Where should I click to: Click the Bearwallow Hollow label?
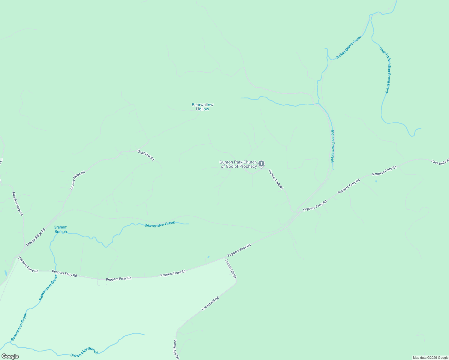[203, 107]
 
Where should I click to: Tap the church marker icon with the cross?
[261, 163]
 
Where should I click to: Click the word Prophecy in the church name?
[247, 166]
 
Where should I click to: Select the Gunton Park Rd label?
[276, 179]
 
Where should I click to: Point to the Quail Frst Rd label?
[146, 155]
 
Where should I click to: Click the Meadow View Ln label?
[17, 204]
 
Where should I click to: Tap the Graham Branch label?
[61, 229]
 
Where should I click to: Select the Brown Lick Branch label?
[84, 352]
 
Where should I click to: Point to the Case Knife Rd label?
[440, 162]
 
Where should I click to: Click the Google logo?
[10, 356]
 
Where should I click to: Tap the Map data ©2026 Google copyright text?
[430, 358]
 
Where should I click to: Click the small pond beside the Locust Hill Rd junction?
[208, 257]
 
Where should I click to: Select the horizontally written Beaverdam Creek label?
[160, 224]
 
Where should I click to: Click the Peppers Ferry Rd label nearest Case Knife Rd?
[384, 171]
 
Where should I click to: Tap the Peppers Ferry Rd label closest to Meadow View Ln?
[28, 264]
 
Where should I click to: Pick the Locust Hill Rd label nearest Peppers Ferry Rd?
[231, 268]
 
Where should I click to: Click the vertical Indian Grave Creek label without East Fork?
[332, 146]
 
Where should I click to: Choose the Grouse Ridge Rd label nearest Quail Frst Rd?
[78, 180]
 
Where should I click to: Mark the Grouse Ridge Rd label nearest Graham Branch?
[35, 237]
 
